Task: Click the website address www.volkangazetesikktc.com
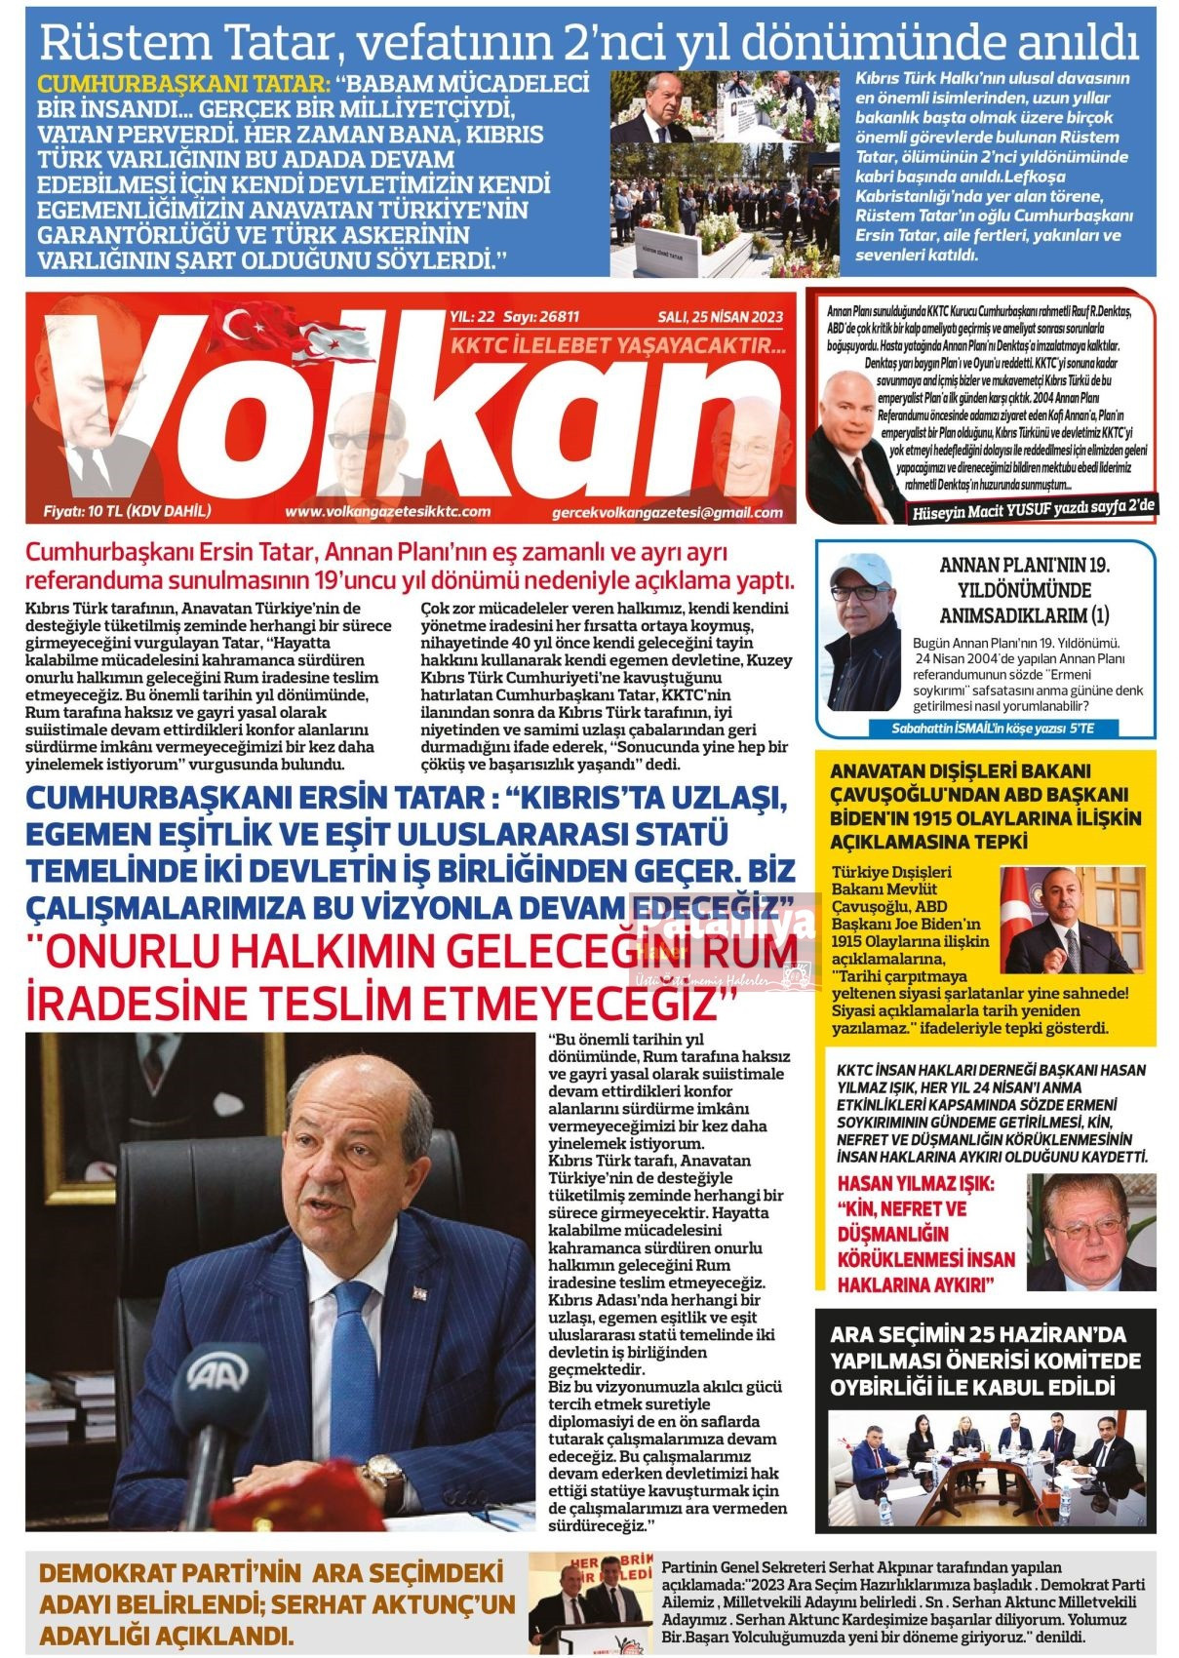coord(387,511)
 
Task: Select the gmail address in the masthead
coord(666,512)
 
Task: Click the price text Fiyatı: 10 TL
coord(128,511)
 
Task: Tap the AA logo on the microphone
coord(213,1376)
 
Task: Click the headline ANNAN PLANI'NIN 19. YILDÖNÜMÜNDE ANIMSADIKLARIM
coord(1025,590)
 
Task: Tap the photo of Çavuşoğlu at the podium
coord(1071,920)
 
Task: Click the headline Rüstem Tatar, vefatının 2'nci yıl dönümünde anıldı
coord(588,42)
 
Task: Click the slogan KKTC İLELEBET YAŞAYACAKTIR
coord(616,346)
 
